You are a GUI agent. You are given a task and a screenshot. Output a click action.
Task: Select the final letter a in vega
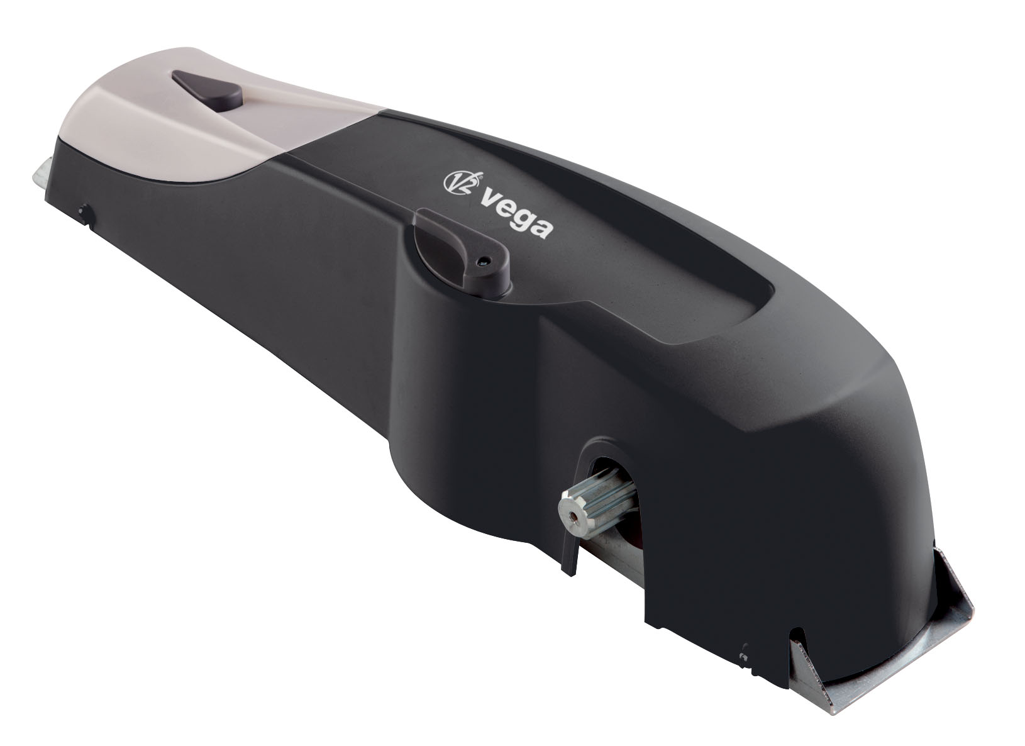(543, 227)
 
